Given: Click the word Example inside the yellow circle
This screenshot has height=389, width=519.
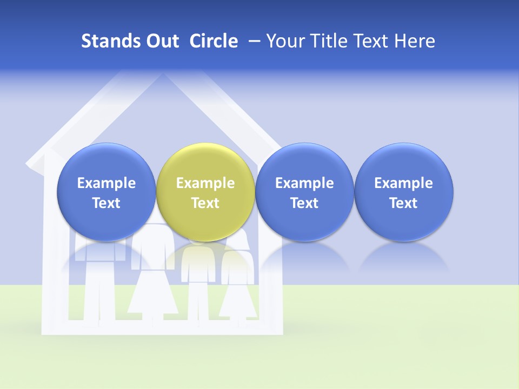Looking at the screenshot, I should click(205, 183).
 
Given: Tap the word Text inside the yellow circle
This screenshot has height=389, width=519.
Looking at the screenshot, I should click(205, 203).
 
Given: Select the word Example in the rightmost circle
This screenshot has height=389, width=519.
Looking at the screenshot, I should click(404, 183).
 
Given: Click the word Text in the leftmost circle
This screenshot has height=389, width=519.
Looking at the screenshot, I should click(107, 203).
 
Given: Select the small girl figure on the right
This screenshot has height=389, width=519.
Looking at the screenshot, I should click(238, 281).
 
